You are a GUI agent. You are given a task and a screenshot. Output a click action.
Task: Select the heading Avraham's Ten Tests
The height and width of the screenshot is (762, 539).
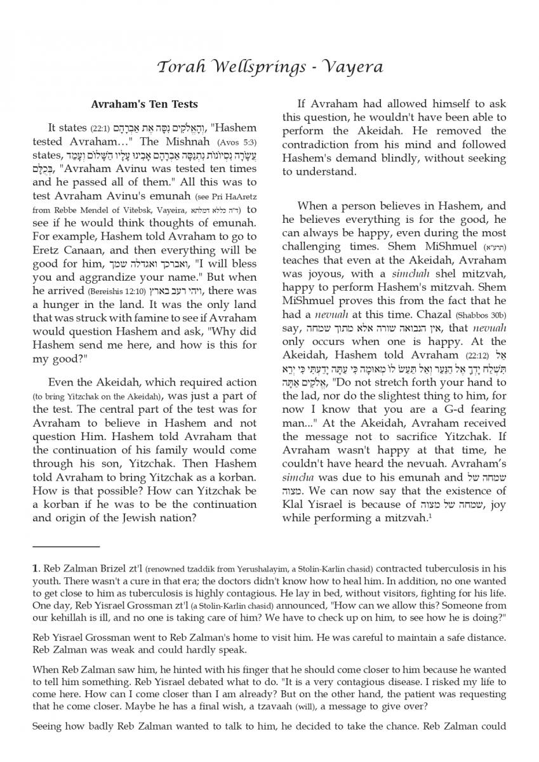[x=144, y=104]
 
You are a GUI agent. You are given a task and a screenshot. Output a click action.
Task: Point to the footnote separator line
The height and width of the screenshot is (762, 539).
[x=66, y=546]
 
